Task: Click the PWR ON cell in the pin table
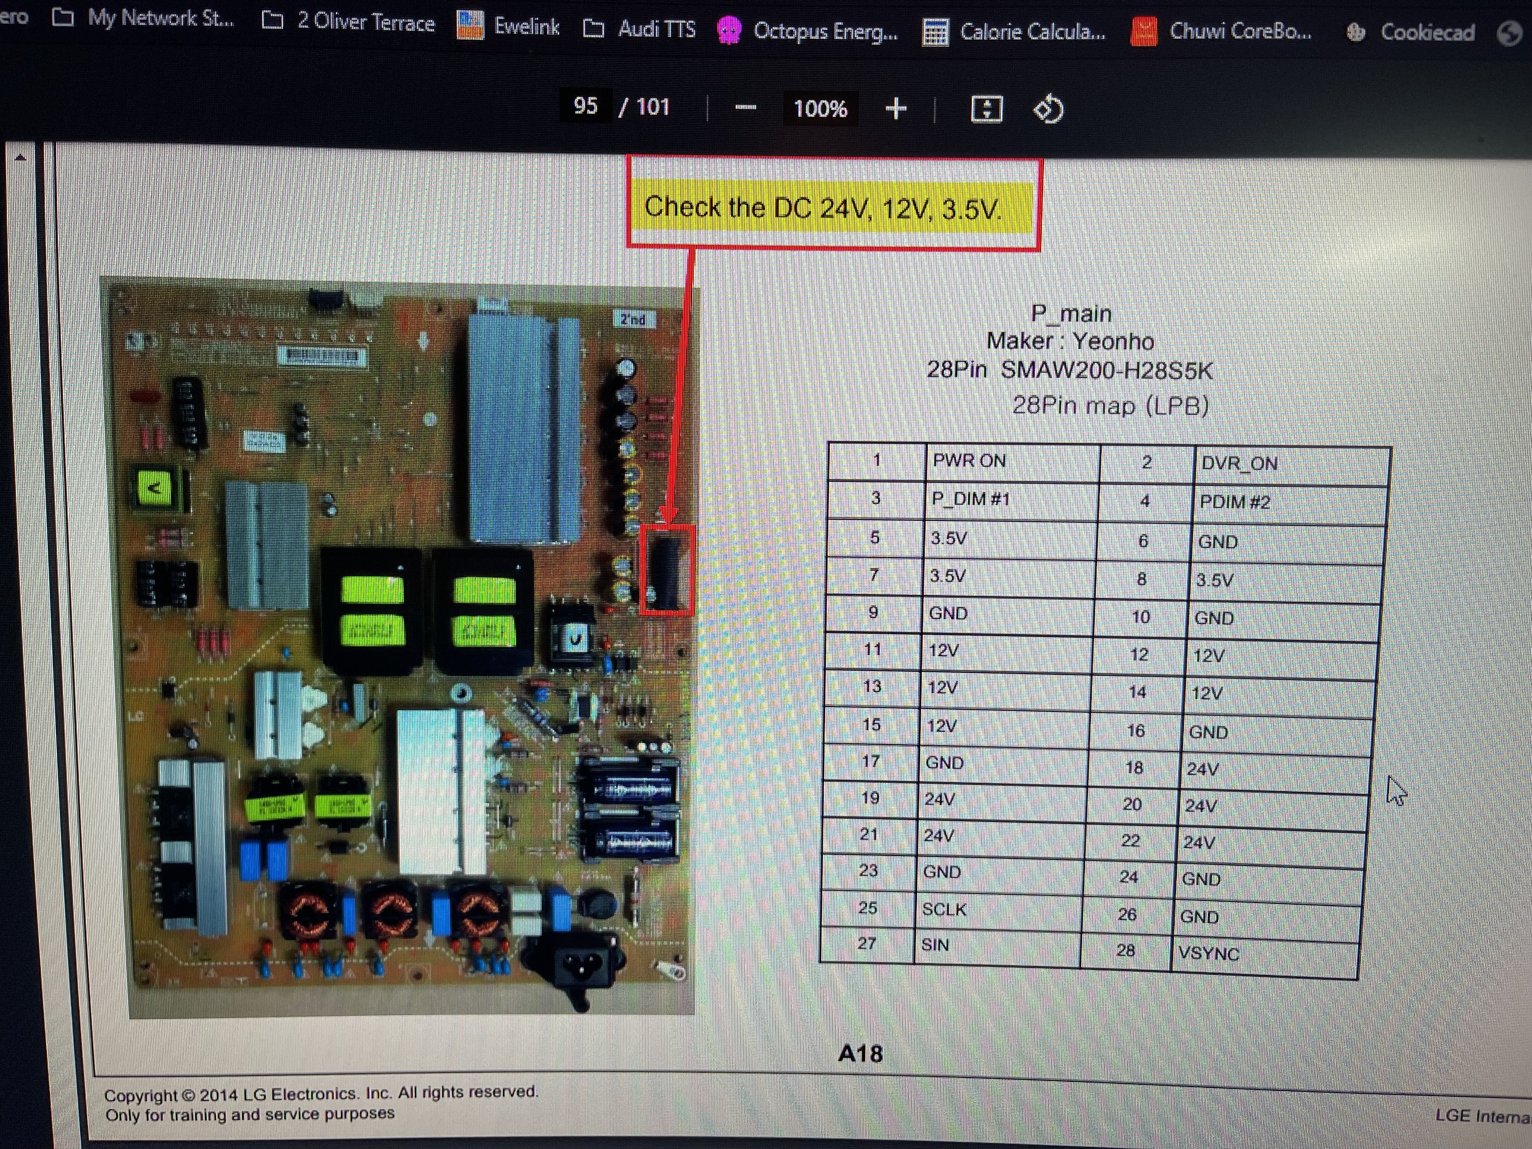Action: coord(970,461)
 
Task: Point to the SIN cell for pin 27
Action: coord(936,945)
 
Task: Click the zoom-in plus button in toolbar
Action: coord(896,109)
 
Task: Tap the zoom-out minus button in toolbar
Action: coord(745,108)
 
